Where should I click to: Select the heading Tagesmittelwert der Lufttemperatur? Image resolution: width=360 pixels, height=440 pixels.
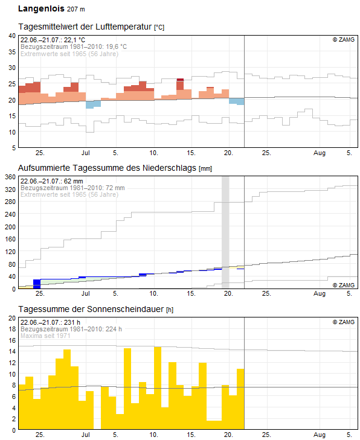pyautogui.click(x=85, y=27)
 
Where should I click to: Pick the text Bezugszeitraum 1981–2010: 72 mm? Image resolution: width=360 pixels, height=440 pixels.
pyautogui.click(x=72, y=188)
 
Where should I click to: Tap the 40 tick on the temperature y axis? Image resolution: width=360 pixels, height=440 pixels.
pyautogui.click(x=11, y=36)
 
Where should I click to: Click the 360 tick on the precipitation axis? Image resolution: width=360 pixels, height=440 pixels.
pyautogui.click(x=10, y=177)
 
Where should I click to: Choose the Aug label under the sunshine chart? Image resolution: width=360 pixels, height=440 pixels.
pyautogui.click(x=320, y=436)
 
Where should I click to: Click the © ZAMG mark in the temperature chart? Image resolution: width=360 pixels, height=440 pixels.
pyautogui.click(x=343, y=39)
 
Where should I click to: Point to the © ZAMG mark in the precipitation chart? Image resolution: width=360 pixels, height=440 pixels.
pyautogui.click(x=343, y=285)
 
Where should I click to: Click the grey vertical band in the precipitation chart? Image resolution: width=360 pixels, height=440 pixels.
pyautogui.click(x=225, y=229)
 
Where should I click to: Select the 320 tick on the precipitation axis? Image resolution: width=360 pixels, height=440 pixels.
pyautogui.click(x=10, y=190)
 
